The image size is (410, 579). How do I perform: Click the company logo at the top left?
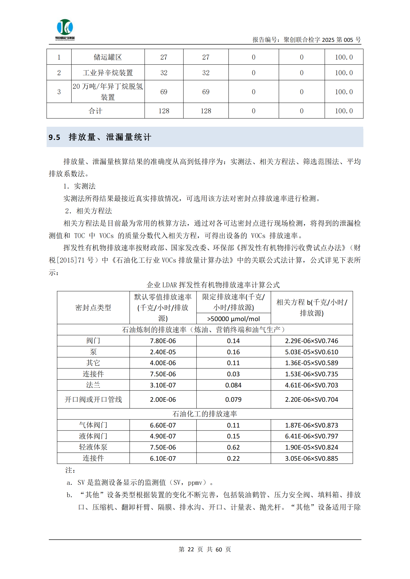pos(65,29)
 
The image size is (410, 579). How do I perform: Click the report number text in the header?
pos(306,40)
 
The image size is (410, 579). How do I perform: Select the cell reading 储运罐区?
pos(108,57)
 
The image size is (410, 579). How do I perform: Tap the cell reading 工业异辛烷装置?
pos(108,73)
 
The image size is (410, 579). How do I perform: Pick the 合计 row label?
pos(95,111)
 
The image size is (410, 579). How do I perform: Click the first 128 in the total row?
pos(164,111)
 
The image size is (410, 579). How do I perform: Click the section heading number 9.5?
pos(54,137)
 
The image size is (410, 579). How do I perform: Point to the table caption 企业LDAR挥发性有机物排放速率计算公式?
pos(213,285)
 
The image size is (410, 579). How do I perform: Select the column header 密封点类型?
pos(93,308)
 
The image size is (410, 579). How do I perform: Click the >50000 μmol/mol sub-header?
pos(233,319)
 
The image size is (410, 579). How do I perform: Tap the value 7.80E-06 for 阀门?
pos(163,341)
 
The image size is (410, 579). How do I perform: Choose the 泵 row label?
pos(93,352)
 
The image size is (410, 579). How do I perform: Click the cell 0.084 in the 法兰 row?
pos(233,385)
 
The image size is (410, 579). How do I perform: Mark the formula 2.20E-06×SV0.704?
pos(312,400)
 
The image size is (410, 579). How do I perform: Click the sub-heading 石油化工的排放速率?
pos(205,414)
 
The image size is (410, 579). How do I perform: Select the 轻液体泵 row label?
pos(93,447)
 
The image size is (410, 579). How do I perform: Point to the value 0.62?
pos(233,447)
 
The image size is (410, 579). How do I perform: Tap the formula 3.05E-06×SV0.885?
pos(312,458)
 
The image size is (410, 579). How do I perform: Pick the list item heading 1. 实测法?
pos(80,186)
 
